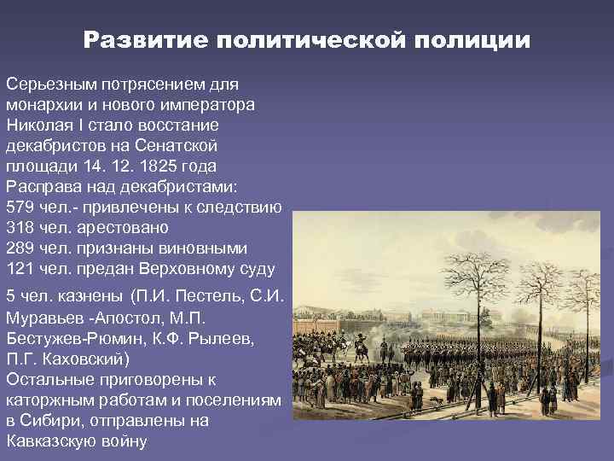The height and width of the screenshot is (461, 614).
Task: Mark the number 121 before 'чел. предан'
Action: (x=19, y=269)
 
